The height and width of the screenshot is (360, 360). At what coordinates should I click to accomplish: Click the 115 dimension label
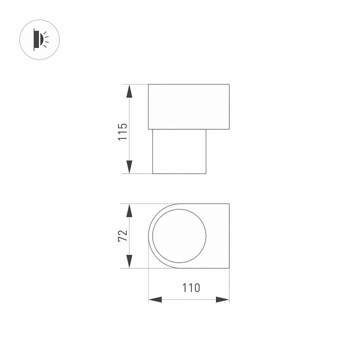click(122, 132)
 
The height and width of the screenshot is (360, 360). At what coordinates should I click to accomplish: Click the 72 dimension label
click(122, 235)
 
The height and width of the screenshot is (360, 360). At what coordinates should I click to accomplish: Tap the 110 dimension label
click(191, 288)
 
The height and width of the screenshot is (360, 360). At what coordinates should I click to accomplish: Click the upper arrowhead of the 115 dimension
click(129, 91)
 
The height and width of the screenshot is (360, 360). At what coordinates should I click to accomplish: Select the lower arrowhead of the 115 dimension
click(129, 167)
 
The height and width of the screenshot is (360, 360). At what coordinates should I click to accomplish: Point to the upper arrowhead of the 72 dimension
click(129, 210)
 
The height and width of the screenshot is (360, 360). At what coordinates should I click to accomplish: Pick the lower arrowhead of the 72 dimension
click(129, 261)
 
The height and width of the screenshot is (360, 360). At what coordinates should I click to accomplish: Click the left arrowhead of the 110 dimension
click(155, 299)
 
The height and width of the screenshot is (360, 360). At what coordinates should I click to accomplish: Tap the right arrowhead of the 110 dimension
click(222, 299)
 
